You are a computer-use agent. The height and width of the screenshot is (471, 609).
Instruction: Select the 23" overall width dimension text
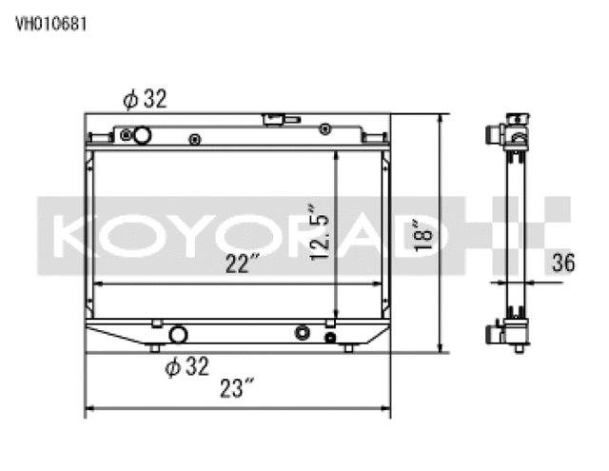(x=237, y=388)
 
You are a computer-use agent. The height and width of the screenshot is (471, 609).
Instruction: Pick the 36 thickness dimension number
(x=562, y=265)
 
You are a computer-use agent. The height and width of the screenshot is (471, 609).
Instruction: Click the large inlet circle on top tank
(x=142, y=136)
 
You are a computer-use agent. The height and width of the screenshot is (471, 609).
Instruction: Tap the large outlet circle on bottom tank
(x=177, y=334)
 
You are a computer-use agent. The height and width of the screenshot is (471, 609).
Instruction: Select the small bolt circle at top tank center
(x=194, y=140)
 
